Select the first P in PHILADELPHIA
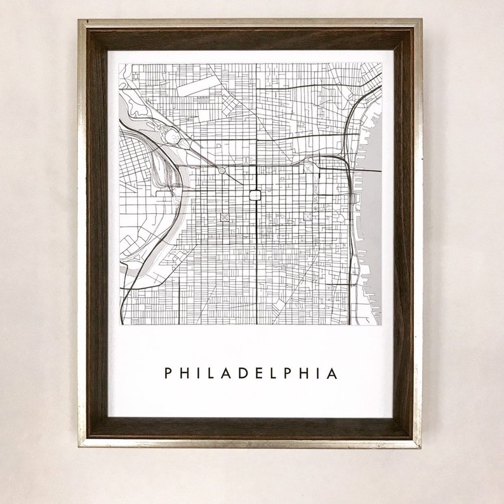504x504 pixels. tap(168, 373)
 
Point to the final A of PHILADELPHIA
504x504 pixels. tap(333, 373)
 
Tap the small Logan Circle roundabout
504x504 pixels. tap(222, 171)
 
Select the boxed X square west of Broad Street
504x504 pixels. tap(224, 217)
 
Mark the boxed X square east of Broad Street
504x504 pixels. tap(307, 216)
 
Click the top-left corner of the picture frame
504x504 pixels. tap(79, 21)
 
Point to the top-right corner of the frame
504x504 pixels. tap(421, 21)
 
